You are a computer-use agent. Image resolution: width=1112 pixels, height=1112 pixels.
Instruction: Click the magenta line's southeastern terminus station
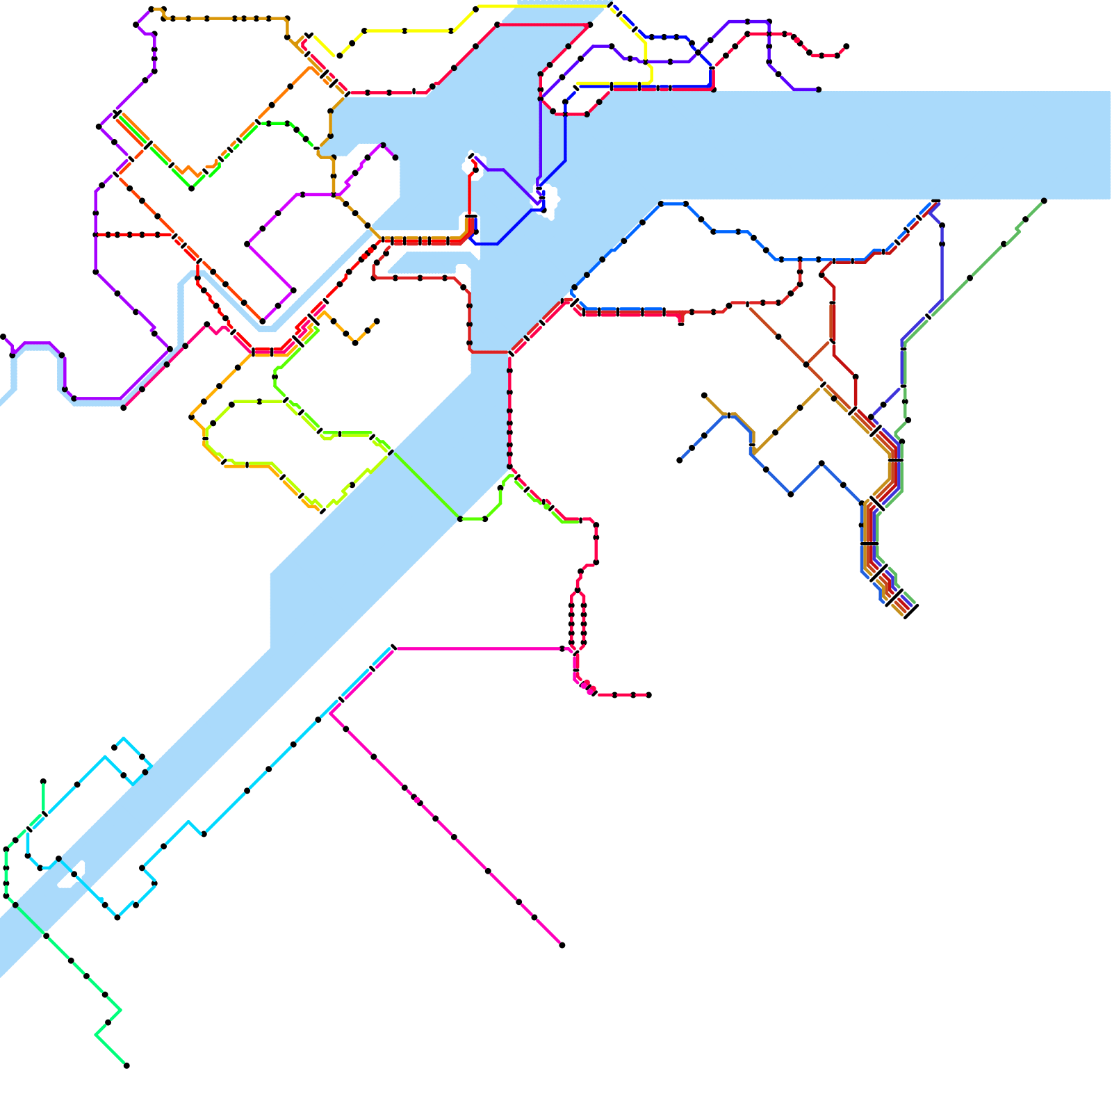click(562, 945)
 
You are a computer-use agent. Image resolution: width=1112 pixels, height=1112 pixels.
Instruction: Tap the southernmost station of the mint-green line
click(126, 1065)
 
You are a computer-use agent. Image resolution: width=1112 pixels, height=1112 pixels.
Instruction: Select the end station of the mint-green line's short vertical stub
click(43, 782)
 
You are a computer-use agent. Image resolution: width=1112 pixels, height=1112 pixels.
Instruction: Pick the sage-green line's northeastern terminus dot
click(1044, 201)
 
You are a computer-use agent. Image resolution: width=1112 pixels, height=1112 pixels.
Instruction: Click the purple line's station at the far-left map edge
click(3, 337)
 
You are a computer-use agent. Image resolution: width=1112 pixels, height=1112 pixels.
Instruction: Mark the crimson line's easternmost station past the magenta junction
click(648, 695)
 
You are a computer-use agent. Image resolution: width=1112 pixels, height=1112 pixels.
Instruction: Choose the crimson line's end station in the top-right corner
click(846, 47)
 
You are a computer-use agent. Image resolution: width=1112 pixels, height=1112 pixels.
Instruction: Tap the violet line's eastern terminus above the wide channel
click(819, 90)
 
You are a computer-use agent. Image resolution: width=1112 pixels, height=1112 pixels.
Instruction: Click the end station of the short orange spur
click(377, 321)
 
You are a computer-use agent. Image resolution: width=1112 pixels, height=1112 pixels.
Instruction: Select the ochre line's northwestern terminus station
click(704, 395)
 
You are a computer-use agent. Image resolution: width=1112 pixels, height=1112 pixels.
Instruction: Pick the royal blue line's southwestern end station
click(680, 460)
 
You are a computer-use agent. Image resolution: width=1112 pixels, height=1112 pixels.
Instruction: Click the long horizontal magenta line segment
click(480, 649)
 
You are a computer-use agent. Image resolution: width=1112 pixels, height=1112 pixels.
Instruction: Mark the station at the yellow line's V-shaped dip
click(339, 56)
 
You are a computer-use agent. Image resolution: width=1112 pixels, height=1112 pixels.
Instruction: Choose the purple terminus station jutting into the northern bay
click(395, 158)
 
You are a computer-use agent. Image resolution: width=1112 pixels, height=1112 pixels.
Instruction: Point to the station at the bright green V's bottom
click(191, 188)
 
